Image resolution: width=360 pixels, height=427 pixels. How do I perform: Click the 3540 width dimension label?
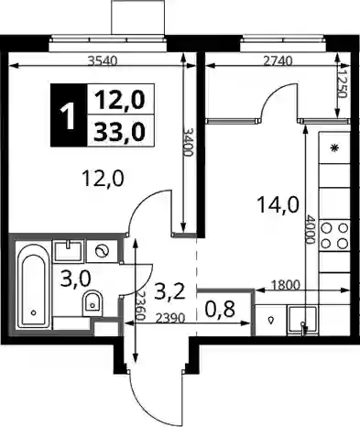click(x=103, y=61)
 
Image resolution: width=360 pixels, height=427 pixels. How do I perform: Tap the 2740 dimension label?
click(x=278, y=61)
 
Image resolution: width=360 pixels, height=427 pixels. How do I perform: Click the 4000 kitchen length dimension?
click(x=311, y=230)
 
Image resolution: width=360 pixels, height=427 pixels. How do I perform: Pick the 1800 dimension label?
click(x=286, y=285)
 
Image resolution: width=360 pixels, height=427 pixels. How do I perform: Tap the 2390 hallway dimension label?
click(x=170, y=319)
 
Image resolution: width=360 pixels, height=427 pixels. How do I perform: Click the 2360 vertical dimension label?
click(x=140, y=305)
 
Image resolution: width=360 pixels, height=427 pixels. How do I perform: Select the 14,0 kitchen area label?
click(x=278, y=204)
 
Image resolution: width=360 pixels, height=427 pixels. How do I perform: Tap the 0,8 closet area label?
click(x=220, y=310)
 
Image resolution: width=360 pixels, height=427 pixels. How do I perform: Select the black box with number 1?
click(x=69, y=115)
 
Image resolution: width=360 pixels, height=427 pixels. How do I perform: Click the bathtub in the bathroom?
click(x=34, y=284)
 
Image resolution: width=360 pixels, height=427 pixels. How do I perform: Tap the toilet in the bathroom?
click(x=92, y=303)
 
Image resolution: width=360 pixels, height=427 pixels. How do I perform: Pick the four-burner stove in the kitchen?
click(x=334, y=235)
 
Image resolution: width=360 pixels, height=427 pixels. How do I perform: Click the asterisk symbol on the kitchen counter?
click(x=335, y=148)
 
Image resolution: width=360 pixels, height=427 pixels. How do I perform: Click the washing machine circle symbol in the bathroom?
click(x=102, y=251)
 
